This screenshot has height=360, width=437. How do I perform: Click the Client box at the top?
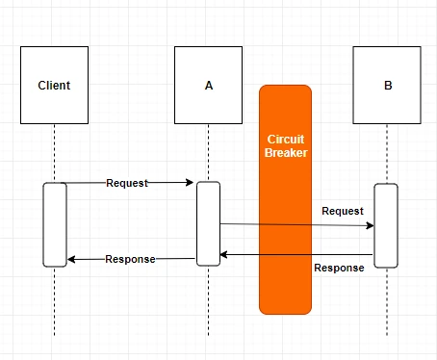(x=54, y=85)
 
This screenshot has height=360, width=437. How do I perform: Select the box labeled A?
(x=208, y=85)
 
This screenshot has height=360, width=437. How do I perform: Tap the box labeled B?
(x=387, y=85)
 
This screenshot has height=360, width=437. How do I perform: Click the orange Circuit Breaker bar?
(x=285, y=199)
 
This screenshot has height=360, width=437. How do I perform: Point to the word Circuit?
(x=286, y=140)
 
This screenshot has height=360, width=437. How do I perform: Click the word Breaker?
(x=286, y=153)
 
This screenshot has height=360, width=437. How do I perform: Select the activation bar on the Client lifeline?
(x=55, y=224)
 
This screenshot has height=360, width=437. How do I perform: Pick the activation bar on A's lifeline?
(x=208, y=223)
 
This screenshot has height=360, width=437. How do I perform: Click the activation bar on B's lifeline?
(x=386, y=225)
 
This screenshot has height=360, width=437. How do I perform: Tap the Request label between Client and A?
(x=127, y=183)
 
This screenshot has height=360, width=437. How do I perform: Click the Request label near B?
(x=343, y=211)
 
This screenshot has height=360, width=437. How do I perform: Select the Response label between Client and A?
(x=130, y=259)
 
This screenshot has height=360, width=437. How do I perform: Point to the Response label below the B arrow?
(x=339, y=268)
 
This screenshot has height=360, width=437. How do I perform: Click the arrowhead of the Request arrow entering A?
(x=190, y=183)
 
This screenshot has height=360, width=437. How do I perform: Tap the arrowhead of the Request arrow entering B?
(x=371, y=225)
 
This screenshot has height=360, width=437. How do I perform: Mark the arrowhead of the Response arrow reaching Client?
(x=71, y=259)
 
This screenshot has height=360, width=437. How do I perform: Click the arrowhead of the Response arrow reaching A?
(x=224, y=255)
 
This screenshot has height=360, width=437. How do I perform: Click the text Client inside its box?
(x=54, y=86)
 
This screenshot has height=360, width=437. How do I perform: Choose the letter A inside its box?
(x=209, y=86)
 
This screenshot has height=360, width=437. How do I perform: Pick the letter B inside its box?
(x=388, y=86)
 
